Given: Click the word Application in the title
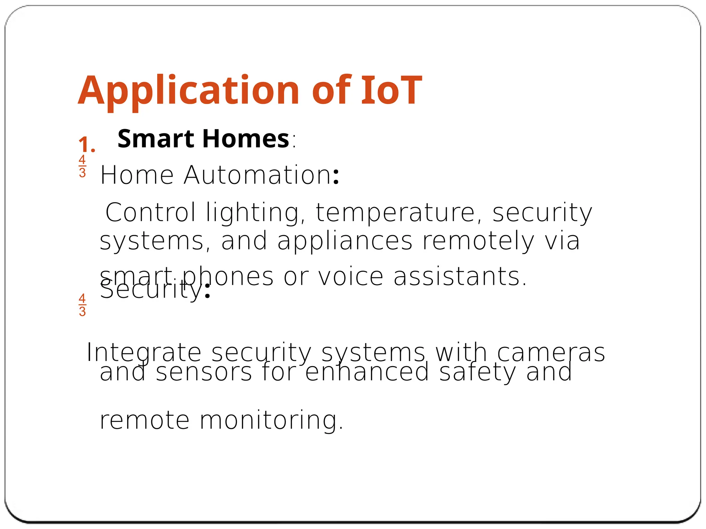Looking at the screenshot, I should point(188,91).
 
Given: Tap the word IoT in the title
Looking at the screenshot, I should point(391,91).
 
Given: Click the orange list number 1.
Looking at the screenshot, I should point(87,145).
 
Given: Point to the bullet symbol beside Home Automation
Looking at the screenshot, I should point(82,166).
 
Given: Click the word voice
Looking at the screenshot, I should point(350,276).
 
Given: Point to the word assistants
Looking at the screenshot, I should point(460,276).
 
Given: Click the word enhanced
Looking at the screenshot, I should point(367,372).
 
